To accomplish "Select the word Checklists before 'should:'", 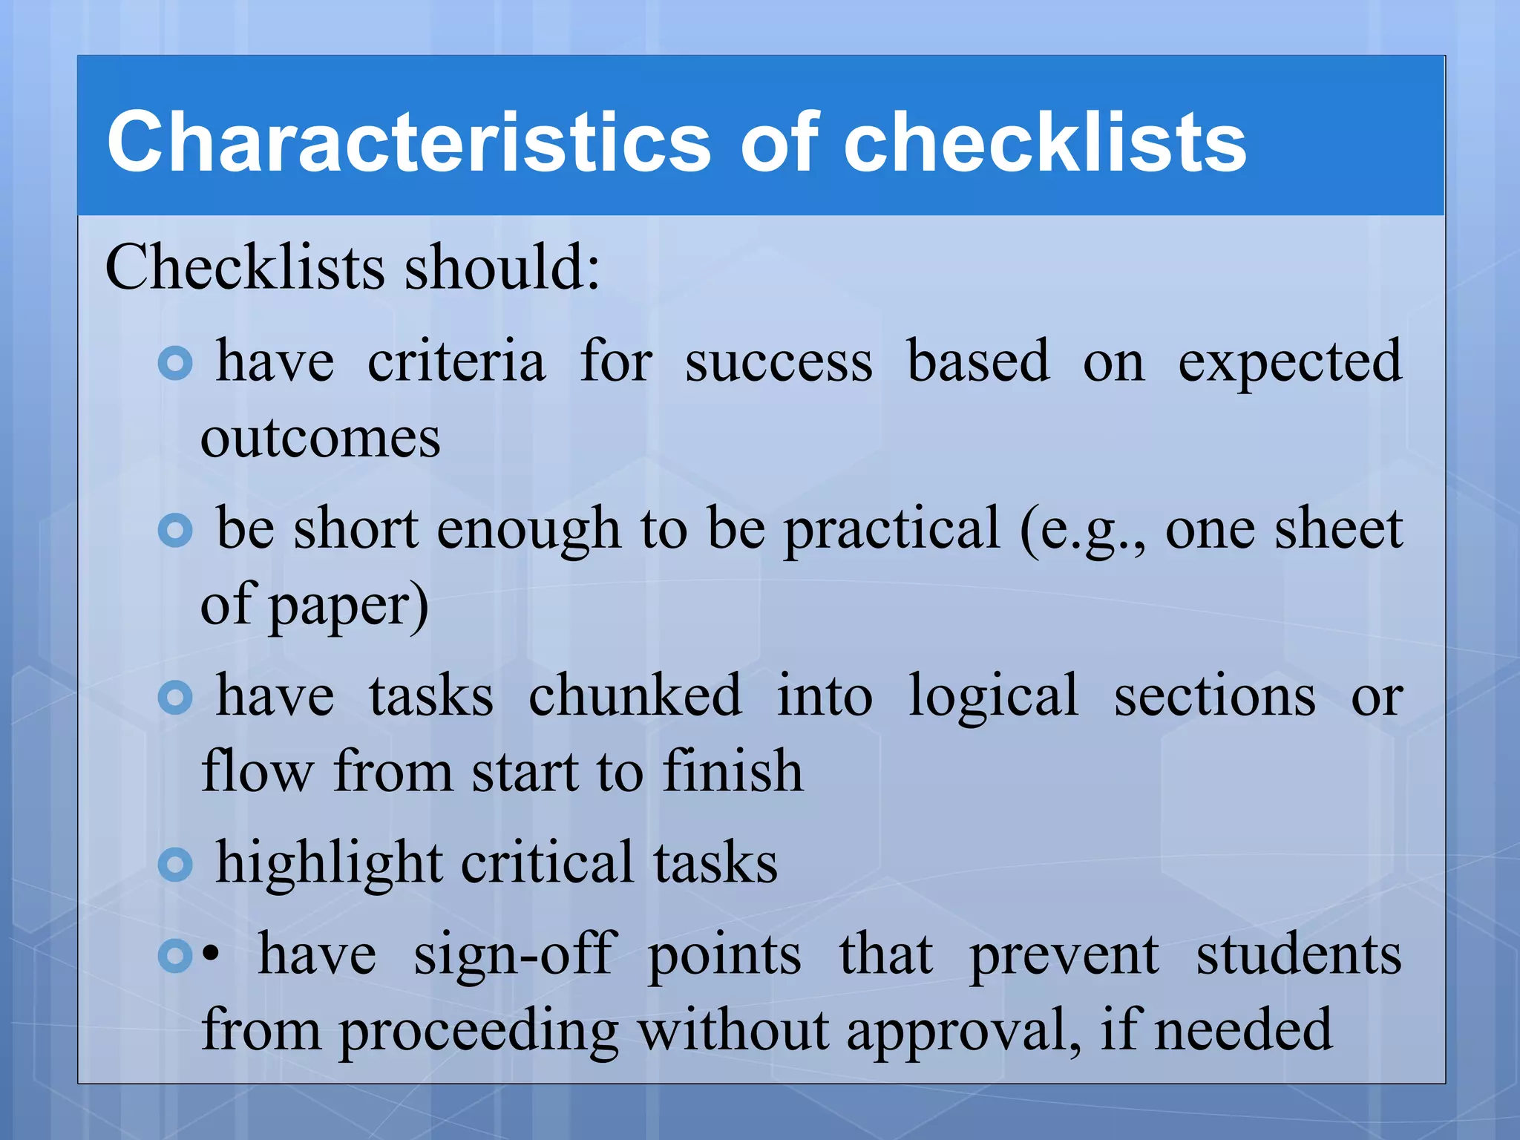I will [x=246, y=266].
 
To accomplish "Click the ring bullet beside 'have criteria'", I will [x=176, y=363].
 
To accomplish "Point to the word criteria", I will [x=456, y=361].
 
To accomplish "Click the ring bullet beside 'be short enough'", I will [x=176, y=531].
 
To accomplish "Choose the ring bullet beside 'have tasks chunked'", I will [x=176, y=698].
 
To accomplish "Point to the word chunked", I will [x=635, y=696].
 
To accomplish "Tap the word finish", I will [x=733, y=772].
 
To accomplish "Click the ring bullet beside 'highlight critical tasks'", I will [x=176, y=865].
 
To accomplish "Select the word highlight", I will [x=329, y=863].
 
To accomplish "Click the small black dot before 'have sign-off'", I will [x=212, y=956].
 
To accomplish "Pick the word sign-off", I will [x=514, y=954].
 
